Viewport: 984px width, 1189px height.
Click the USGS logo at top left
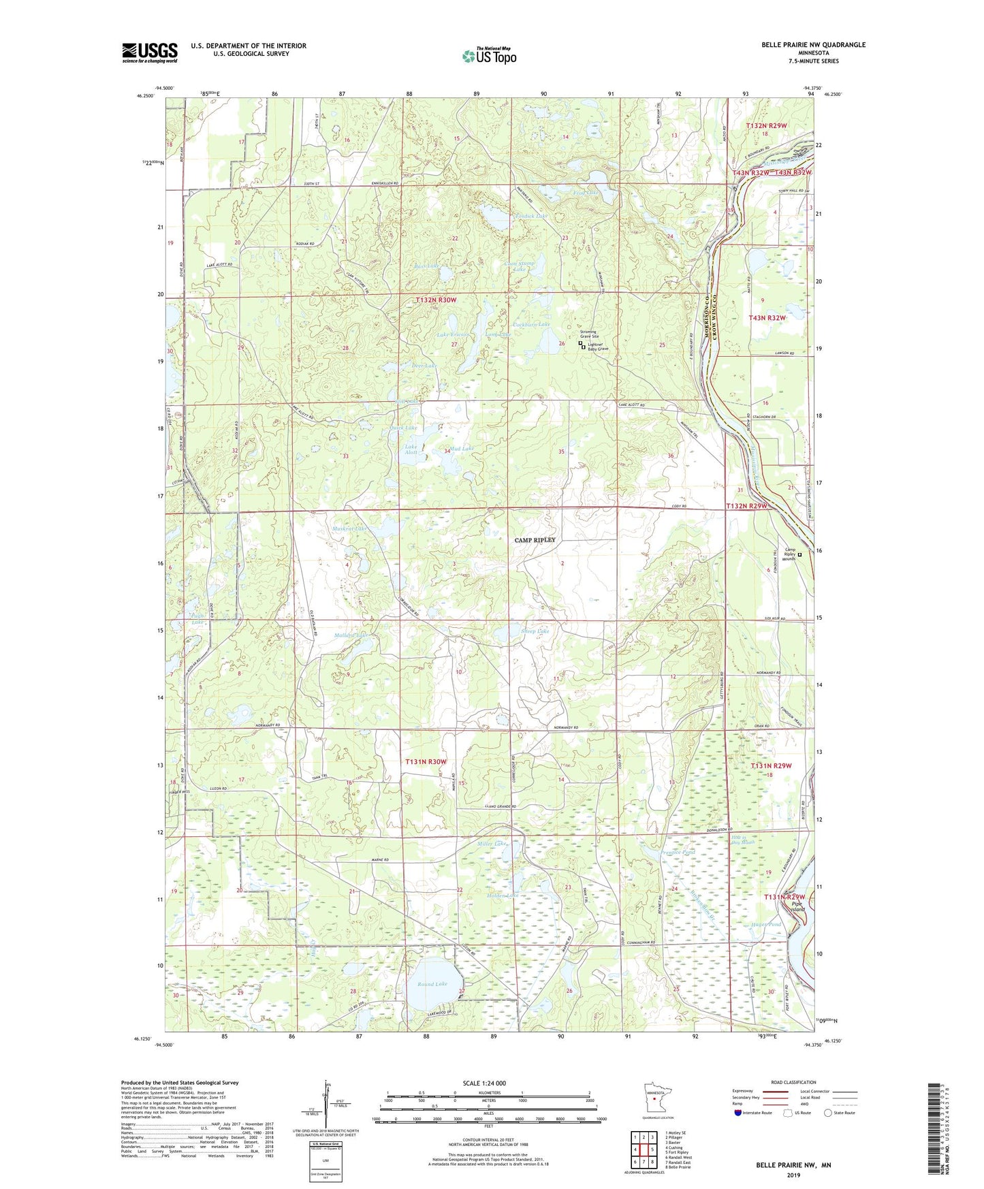click(150, 52)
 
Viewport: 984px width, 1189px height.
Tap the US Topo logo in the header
click(488, 56)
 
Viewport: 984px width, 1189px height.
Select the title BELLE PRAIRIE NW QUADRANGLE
click(814, 45)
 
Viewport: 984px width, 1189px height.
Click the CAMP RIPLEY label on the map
click(535, 540)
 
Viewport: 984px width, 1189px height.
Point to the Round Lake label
click(432, 984)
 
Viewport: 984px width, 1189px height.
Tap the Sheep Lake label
click(535, 631)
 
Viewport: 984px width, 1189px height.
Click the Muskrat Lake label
click(349, 528)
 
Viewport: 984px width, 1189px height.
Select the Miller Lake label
click(492, 844)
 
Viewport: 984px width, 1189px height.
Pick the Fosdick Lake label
click(531, 216)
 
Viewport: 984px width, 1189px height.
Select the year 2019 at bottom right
click(793, 1175)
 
